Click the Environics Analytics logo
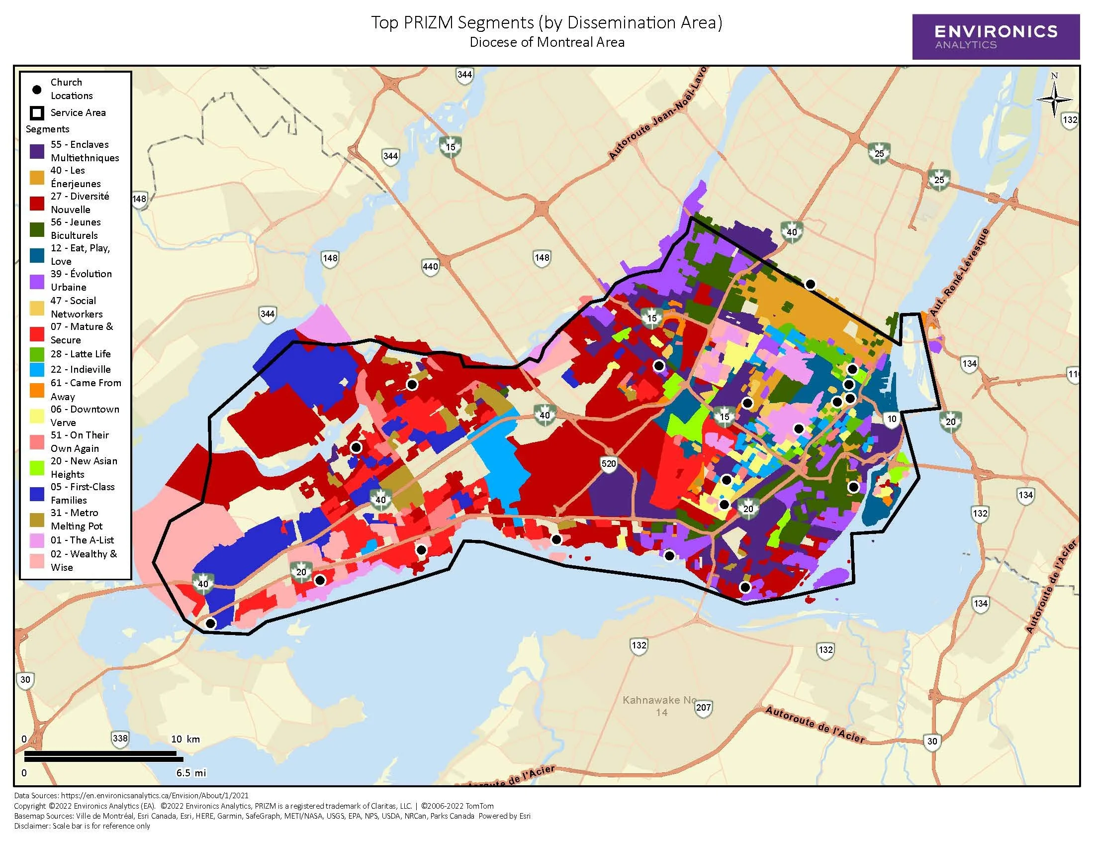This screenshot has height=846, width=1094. click(996, 37)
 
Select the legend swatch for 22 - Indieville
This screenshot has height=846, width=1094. click(37, 370)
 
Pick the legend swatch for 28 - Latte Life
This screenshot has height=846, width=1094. click(37, 354)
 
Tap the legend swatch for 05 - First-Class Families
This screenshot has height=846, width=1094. click(37, 494)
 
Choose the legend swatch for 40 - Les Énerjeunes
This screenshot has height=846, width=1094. click(37, 178)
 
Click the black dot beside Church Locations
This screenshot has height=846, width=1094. click(37, 90)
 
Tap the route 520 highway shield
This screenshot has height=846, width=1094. click(609, 464)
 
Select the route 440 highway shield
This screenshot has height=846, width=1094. click(430, 266)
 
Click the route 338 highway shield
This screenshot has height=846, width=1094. click(120, 738)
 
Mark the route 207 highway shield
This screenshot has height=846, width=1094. click(703, 708)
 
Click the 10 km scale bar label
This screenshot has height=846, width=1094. click(185, 739)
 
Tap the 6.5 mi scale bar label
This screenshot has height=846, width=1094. click(190, 773)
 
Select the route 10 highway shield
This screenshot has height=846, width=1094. click(892, 420)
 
